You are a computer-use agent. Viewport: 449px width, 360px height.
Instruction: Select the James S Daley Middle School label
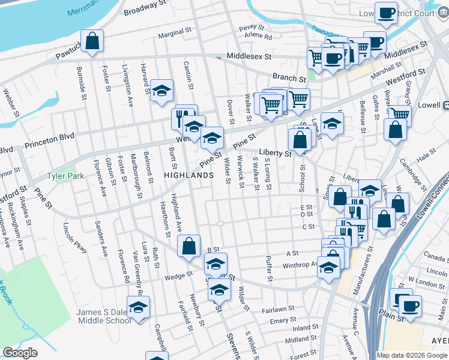pyautogui.click(x=103, y=316)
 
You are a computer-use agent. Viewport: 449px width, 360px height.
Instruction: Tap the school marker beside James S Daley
pyautogui.click(x=139, y=307)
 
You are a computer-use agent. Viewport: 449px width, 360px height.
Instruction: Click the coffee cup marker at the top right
pyautogui.click(x=387, y=13)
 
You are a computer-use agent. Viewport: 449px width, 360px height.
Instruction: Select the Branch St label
pyautogui.click(x=289, y=78)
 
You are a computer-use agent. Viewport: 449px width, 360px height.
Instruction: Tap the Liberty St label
pyautogui.click(x=275, y=154)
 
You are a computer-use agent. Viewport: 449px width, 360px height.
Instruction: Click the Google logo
pyautogui.click(x=20, y=353)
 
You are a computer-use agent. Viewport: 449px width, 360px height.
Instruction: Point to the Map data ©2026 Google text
pyautogui.click(x=411, y=355)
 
